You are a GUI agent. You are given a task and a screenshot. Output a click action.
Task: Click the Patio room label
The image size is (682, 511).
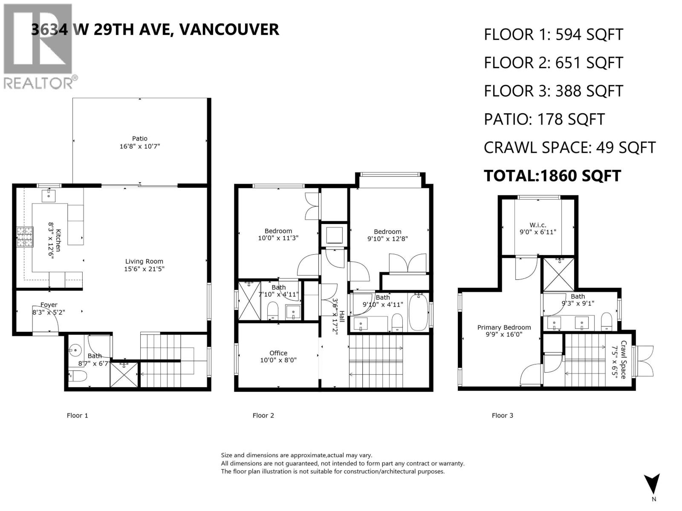point(139,138)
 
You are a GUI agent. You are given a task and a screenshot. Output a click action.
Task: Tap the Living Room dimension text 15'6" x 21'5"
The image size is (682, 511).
point(144,269)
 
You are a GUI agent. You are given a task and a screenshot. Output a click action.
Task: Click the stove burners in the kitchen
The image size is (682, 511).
point(25,237)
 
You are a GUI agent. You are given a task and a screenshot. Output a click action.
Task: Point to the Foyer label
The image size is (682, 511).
point(49,305)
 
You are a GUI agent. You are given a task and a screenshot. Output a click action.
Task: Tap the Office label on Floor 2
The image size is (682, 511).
point(278,353)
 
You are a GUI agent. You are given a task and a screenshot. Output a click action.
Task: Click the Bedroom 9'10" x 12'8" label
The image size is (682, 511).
point(387,232)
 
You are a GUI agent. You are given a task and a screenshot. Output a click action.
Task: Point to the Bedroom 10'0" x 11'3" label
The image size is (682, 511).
point(278,231)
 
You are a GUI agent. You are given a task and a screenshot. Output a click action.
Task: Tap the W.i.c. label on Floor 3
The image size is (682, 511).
point(538,225)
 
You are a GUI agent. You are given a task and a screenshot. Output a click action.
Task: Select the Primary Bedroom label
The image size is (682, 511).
point(504,327)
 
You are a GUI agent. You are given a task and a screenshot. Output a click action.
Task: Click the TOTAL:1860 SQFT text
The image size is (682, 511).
point(552,175)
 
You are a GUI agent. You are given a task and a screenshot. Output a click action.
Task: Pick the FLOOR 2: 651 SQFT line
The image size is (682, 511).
point(553,63)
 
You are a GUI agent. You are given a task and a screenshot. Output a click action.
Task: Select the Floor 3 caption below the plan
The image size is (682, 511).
point(502,415)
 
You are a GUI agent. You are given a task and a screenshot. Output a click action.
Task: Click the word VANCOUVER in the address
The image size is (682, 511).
point(229,29)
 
